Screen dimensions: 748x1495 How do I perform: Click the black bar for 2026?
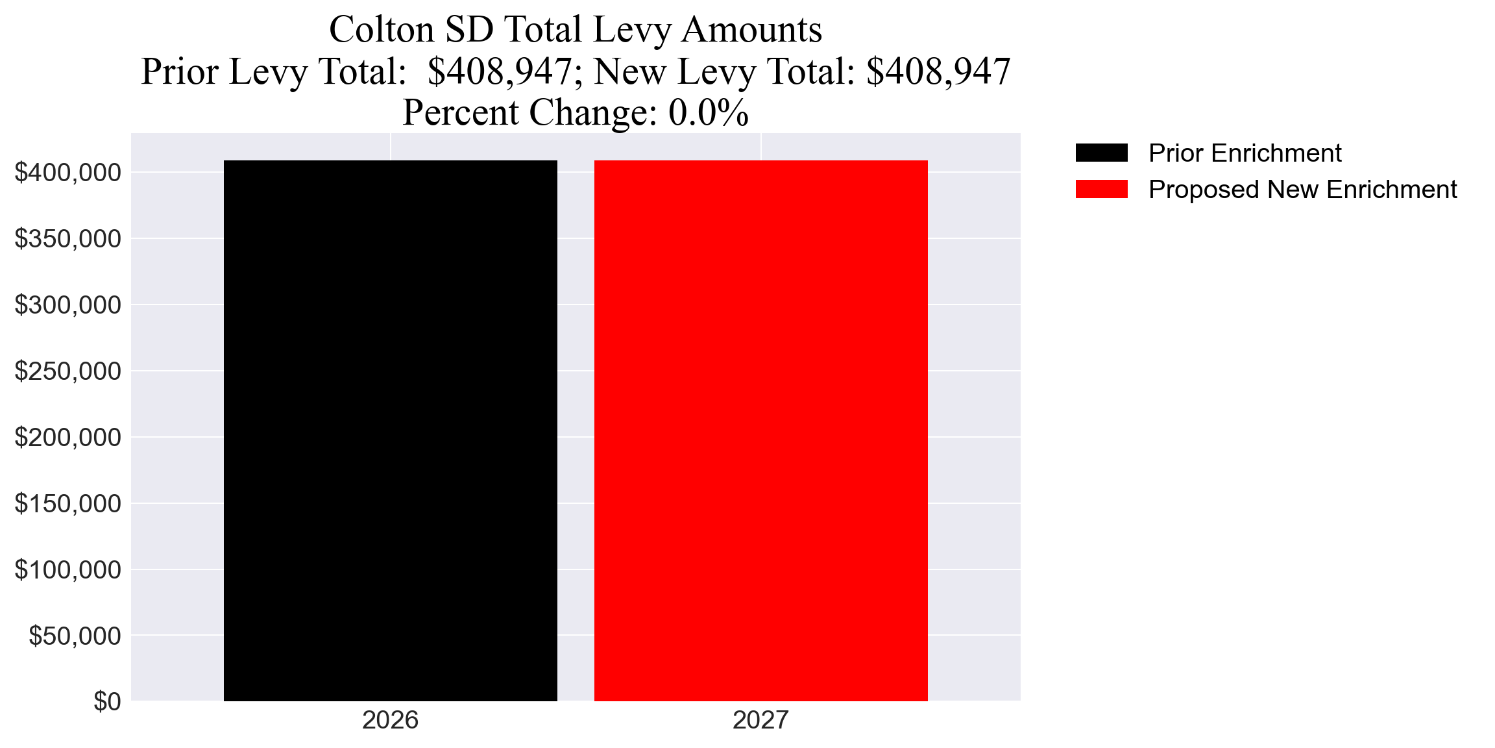(x=390, y=430)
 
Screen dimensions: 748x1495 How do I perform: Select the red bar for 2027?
(x=760, y=430)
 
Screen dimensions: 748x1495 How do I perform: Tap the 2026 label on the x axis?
(x=390, y=720)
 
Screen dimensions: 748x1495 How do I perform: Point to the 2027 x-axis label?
(x=760, y=720)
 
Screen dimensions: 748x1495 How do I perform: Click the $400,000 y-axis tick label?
(x=68, y=173)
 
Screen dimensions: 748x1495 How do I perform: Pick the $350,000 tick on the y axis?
(x=68, y=239)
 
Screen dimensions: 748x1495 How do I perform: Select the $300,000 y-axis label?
(x=68, y=305)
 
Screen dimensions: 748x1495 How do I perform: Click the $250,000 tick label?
(x=68, y=371)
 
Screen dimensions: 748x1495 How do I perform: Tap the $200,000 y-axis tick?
(x=68, y=438)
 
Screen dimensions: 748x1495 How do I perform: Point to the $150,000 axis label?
(x=68, y=504)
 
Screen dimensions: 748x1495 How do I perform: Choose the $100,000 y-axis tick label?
(x=68, y=570)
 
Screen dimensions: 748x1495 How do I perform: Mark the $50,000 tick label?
(x=75, y=636)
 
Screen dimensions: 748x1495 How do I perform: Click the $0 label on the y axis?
(x=107, y=702)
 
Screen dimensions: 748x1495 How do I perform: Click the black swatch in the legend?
(x=1101, y=153)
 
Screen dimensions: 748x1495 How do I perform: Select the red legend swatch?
(x=1101, y=190)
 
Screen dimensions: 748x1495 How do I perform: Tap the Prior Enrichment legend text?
(x=1245, y=153)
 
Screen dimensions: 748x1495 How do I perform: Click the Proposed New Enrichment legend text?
(x=1302, y=190)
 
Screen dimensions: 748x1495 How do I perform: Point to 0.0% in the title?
(x=709, y=112)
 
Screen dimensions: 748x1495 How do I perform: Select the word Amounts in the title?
(x=751, y=30)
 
